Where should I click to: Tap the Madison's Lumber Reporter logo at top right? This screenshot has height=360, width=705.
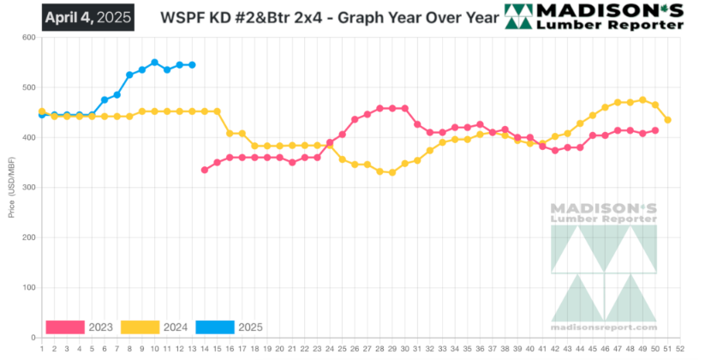point(594,16)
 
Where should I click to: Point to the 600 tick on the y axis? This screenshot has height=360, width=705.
point(27,38)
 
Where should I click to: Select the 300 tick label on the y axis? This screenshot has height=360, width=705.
point(27,188)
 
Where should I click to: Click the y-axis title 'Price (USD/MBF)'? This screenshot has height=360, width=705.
point(11,187)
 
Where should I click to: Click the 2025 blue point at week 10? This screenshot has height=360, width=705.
point(154,63)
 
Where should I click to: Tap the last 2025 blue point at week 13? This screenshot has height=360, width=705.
point(192,65)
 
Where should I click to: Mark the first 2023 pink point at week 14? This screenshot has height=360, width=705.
point(204,170)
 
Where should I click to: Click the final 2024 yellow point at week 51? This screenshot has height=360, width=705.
point(668,120)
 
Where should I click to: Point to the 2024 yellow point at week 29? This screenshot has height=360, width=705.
point(392,172)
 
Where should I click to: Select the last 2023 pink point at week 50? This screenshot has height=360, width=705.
point(655,130)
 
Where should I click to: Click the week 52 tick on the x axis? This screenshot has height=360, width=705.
point(680,349)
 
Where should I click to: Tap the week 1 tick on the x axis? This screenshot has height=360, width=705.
point(42,349)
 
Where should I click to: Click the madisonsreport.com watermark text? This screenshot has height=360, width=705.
point(604,327)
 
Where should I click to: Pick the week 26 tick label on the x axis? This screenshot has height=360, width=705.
point(355,349)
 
